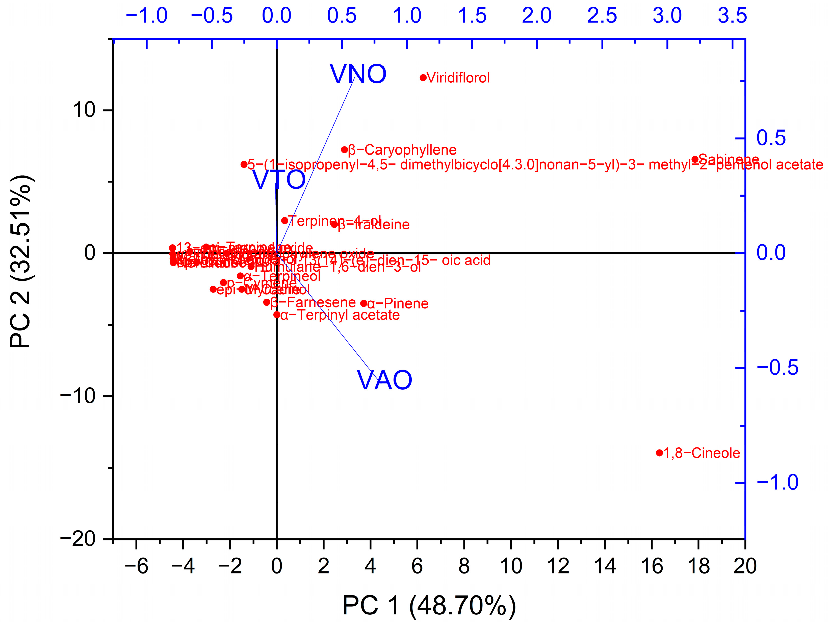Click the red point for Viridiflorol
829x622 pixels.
423,78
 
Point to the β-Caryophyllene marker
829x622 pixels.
344,150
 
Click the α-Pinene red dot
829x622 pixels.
364,303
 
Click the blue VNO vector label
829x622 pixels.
358,74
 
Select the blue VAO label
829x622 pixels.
384,380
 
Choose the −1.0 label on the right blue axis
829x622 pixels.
778,483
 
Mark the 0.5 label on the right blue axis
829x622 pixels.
771,138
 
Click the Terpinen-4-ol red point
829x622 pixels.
284,221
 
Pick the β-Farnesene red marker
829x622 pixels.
267,302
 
